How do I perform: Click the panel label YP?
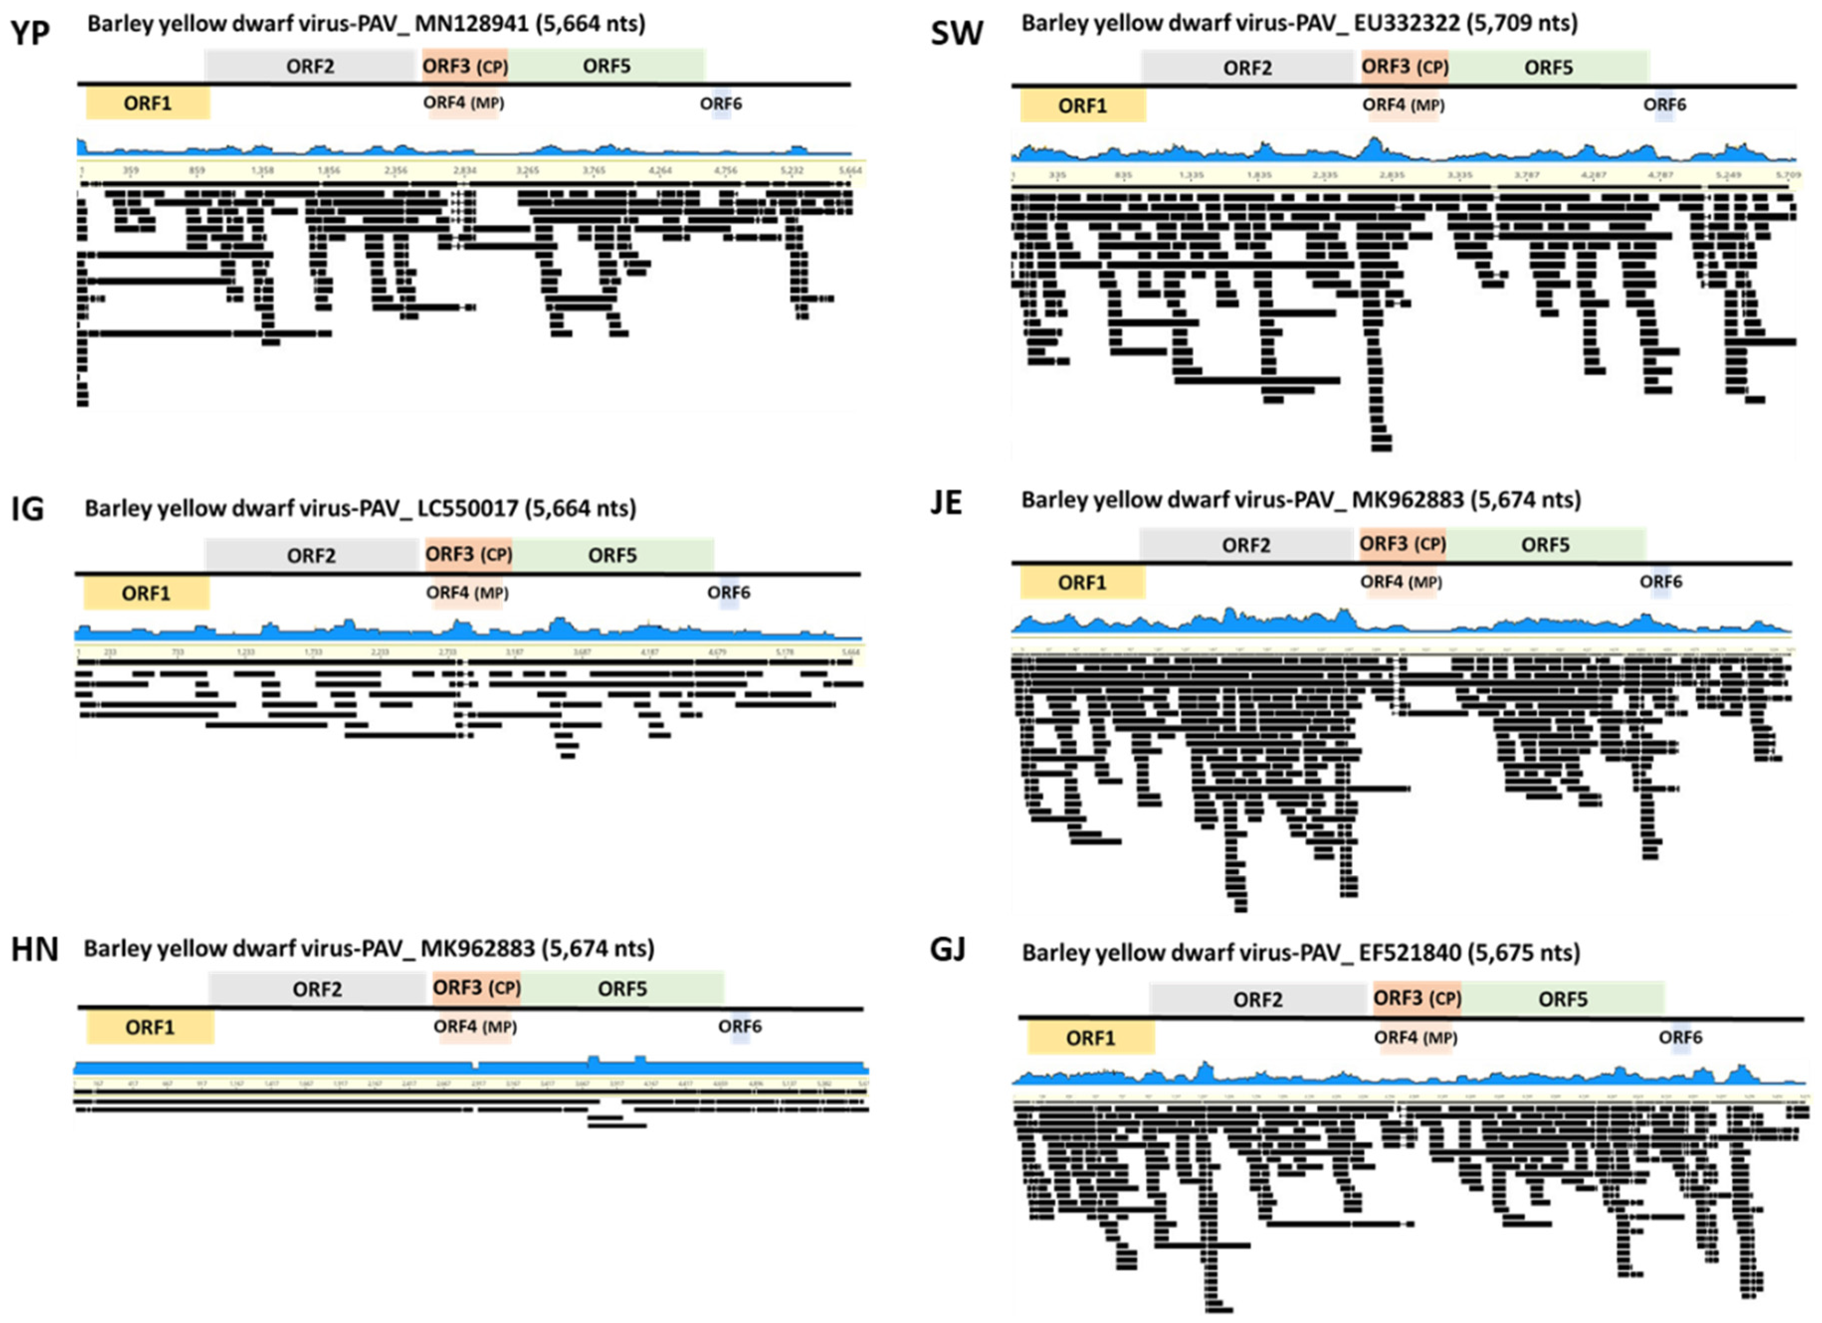point(30,34)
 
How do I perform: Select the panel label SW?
point(956,34)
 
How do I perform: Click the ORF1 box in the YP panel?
point(148,103)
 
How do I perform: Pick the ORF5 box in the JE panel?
point(1545,545)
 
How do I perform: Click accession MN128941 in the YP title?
point(472,24)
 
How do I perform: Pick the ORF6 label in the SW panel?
point(1665,105)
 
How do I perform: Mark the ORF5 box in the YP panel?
point(607,66)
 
